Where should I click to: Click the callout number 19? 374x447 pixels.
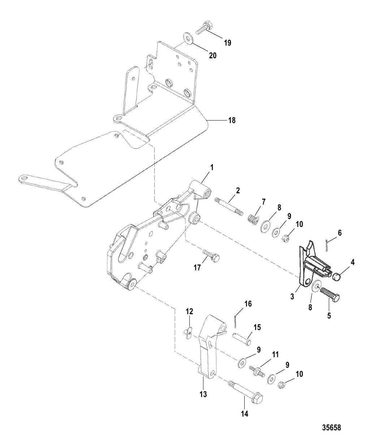pyautogui.click(x=228, y=43)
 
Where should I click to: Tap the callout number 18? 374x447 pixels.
pyautogui.click(x=232, y=120)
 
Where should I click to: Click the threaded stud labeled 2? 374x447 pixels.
pyautogui.click(x=229, y=207)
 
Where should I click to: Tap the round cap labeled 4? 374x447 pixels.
pyautogui.click(x=337, y=277)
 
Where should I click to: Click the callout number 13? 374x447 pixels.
pyautogui.click(x=203, y=394)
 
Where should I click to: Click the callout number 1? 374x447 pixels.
pyautogui.click(x=212, y=168)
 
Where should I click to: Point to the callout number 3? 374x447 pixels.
pyautogui.click(x=292, y=296)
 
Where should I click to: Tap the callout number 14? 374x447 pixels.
pyautogui.click(x=245, y=414)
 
